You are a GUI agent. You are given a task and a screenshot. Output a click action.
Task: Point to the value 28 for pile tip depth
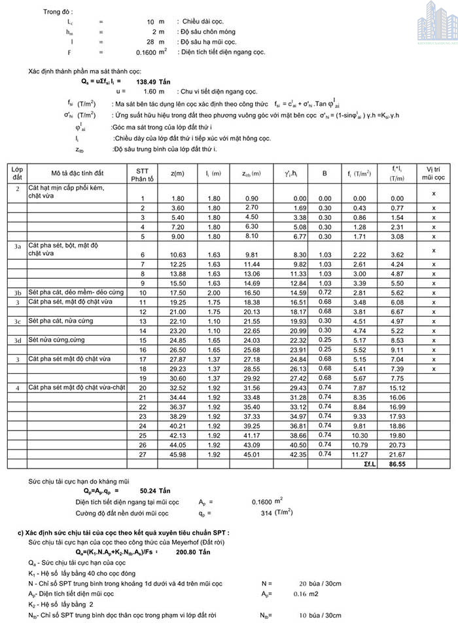[x=150, y=41]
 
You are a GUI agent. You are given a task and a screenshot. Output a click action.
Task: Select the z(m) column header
[x=177, y=173]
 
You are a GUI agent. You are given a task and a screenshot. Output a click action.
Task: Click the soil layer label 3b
[x=18, y=292]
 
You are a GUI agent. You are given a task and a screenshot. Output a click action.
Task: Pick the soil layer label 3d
[x=18, y=340]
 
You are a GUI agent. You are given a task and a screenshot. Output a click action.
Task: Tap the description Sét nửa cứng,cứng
[x=57, y=340]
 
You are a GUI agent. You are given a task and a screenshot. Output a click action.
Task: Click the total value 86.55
[x=397, y=464]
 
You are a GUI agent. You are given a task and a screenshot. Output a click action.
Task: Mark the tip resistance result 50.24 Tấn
[x=155, y=490]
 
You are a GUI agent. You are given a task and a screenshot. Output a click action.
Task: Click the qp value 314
[x=266, y=513]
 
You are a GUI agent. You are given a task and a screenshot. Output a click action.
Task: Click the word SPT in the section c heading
[x=213, y=533]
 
